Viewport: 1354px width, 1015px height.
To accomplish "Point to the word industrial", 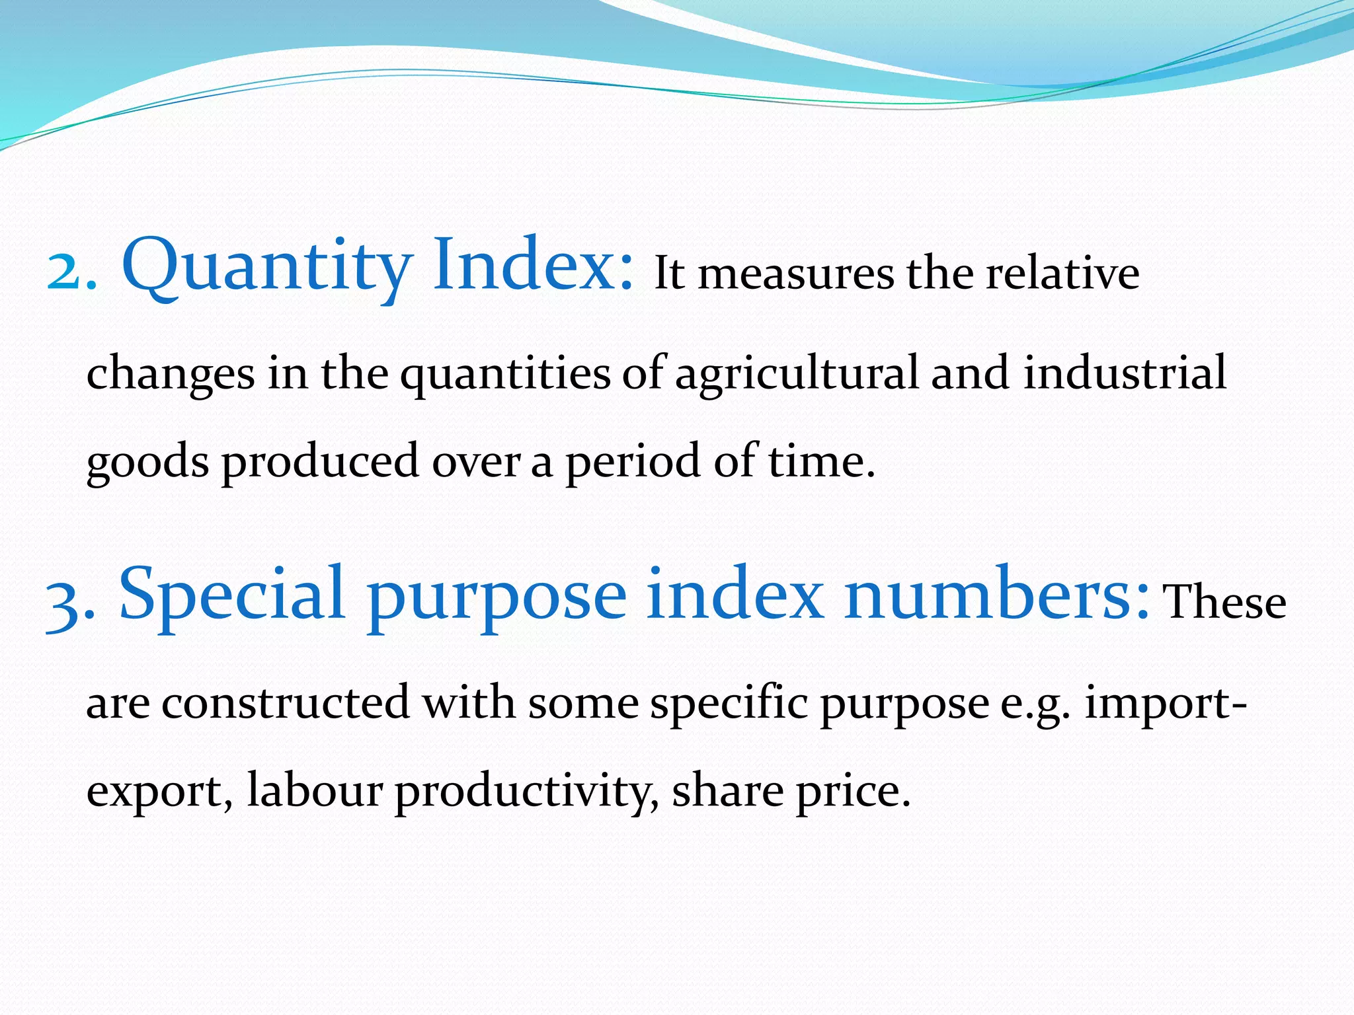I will tap(1125, 373).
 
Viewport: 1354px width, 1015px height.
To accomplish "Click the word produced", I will tap(320, 461).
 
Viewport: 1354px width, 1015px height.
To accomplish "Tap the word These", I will tap(1224, 602).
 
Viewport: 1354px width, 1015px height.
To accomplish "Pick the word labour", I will tap(315, 791).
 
